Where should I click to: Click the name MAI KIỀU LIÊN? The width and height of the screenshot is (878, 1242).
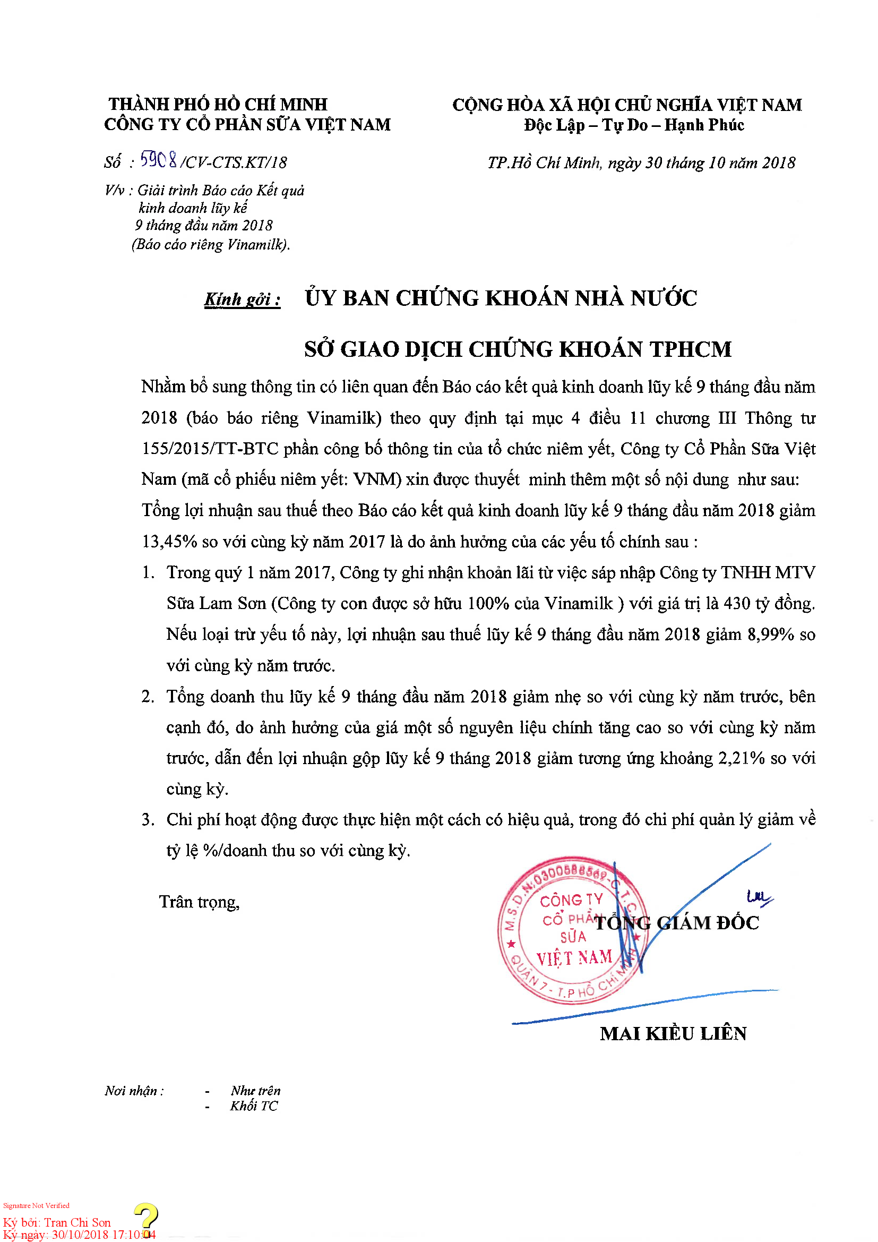673,1034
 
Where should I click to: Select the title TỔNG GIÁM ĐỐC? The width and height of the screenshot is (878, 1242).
676,923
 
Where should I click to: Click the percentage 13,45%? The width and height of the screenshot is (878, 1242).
169,542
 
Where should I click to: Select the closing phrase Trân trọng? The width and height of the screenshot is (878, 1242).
199,902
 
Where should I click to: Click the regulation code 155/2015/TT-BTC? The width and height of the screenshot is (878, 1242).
210,449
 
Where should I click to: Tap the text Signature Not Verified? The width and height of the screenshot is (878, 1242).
36,1206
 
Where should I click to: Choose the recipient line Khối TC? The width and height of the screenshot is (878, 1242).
254,1106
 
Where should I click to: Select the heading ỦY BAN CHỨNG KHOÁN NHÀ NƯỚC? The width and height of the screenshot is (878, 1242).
501,298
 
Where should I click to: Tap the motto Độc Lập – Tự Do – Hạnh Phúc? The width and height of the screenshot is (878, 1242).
634,125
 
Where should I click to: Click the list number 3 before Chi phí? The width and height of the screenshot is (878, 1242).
148,820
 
